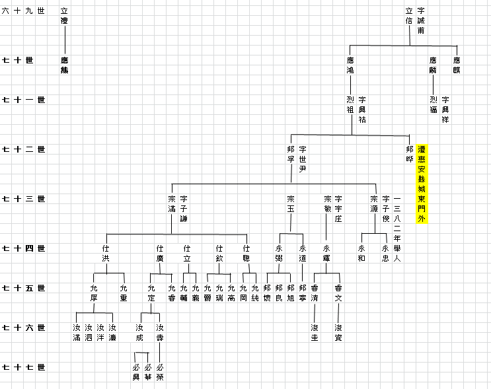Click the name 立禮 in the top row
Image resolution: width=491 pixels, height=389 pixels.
coord(64,16)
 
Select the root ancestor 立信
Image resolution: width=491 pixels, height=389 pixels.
coord(409,16)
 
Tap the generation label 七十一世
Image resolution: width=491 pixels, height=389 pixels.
coord(24,100)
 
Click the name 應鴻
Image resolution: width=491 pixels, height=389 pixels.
coord(350,65)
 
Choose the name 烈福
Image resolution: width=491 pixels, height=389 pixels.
coord(434,104)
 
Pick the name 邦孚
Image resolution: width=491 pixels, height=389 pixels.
coord(291,154)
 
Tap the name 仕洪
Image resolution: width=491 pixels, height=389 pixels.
coord(106,253)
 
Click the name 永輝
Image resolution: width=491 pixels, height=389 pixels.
coord(326,253)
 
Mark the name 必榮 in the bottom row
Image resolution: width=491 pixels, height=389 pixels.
coord(160,372)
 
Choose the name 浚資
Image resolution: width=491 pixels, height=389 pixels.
coord(338,332)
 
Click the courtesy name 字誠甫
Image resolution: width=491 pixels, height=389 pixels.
coord(421,20)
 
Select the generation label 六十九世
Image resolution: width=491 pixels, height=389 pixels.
coord(24,11)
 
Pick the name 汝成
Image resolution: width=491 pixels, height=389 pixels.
coord(139,332)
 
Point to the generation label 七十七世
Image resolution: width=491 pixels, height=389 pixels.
coord(24,367)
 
